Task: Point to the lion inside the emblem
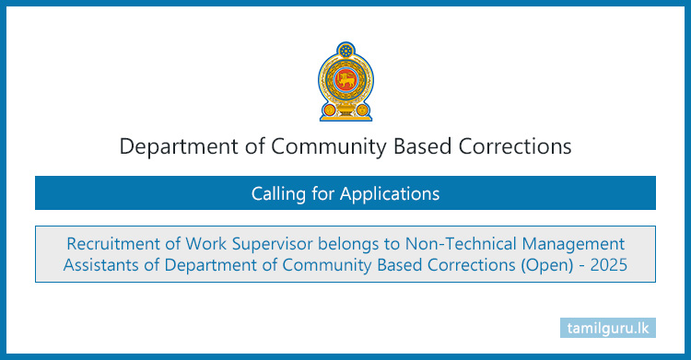coord(345,84)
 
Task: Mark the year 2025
coord(609,266)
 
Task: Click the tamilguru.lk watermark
coord(611,328)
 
